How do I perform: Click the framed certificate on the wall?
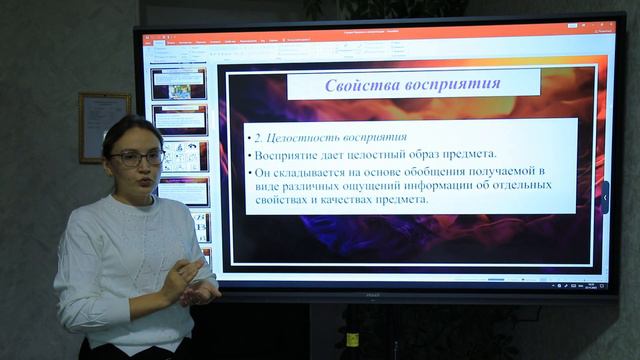coord(104,127)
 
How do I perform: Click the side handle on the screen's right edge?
coord(604,196)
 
